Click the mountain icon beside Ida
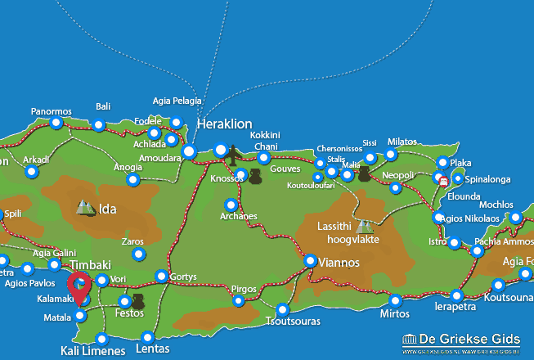[x=85, y=208]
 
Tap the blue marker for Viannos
[x=310, y=260]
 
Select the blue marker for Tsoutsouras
[x=282, y=310]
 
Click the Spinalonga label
[x=492, y=178]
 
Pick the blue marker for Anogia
[x=132, y=179]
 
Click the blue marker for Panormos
[x=56, y=123]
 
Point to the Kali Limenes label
[x=93, y=351]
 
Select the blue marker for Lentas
[x=147, y=336]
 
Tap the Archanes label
[x=239, y=216]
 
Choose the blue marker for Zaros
[x=137, y=254]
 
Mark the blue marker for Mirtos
[x=395, y=300]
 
